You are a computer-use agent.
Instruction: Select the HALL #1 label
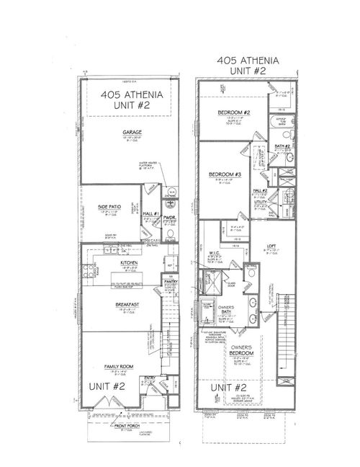[x=152, y=213]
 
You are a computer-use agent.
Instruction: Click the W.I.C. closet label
[x=214, y=252]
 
